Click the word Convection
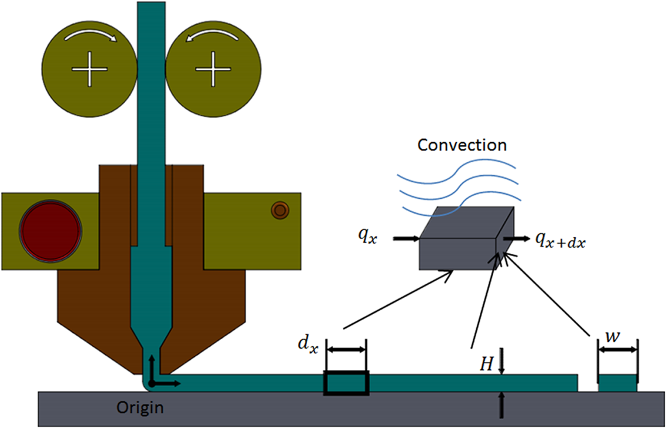pyautogui.click(x=462, y=145)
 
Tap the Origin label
pyautogui.click(x=139, y=407)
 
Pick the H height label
pyautogui.click(x=485, y=365)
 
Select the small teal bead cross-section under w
pyautogui.click(x=617, y=384)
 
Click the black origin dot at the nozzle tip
pyautogui.click(x=151, y=383)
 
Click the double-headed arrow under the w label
pyautogui.click(x=617, y=349)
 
